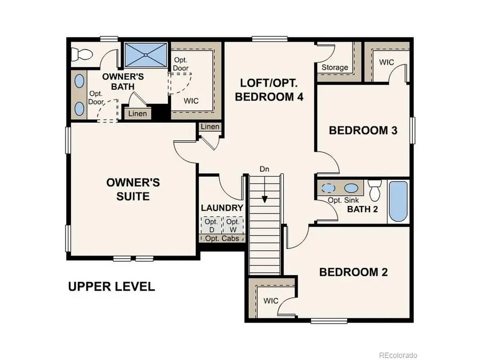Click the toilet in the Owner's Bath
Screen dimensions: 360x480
[83, 53]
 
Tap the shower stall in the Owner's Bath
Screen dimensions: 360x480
[146, 55]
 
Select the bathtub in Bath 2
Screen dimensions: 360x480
[398, 202]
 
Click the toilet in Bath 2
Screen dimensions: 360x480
[375, 189]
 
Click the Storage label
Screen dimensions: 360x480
[335, 67]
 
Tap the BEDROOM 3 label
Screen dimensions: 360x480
[363, 130]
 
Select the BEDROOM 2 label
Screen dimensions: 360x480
[354, 272]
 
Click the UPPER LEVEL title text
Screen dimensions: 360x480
[111, 286]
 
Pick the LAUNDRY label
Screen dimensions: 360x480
[222, 207]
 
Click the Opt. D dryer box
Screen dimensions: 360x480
[211, 225]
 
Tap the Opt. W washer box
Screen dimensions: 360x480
[233, 225]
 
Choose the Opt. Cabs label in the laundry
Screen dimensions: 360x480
[222, 238]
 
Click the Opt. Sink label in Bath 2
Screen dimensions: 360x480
[342, 200]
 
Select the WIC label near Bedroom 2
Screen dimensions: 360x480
[271, 300]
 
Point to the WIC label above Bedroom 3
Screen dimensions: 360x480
[387, 62]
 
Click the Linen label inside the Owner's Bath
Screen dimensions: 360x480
[138, 114]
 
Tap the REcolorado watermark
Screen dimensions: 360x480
[398, 355]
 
